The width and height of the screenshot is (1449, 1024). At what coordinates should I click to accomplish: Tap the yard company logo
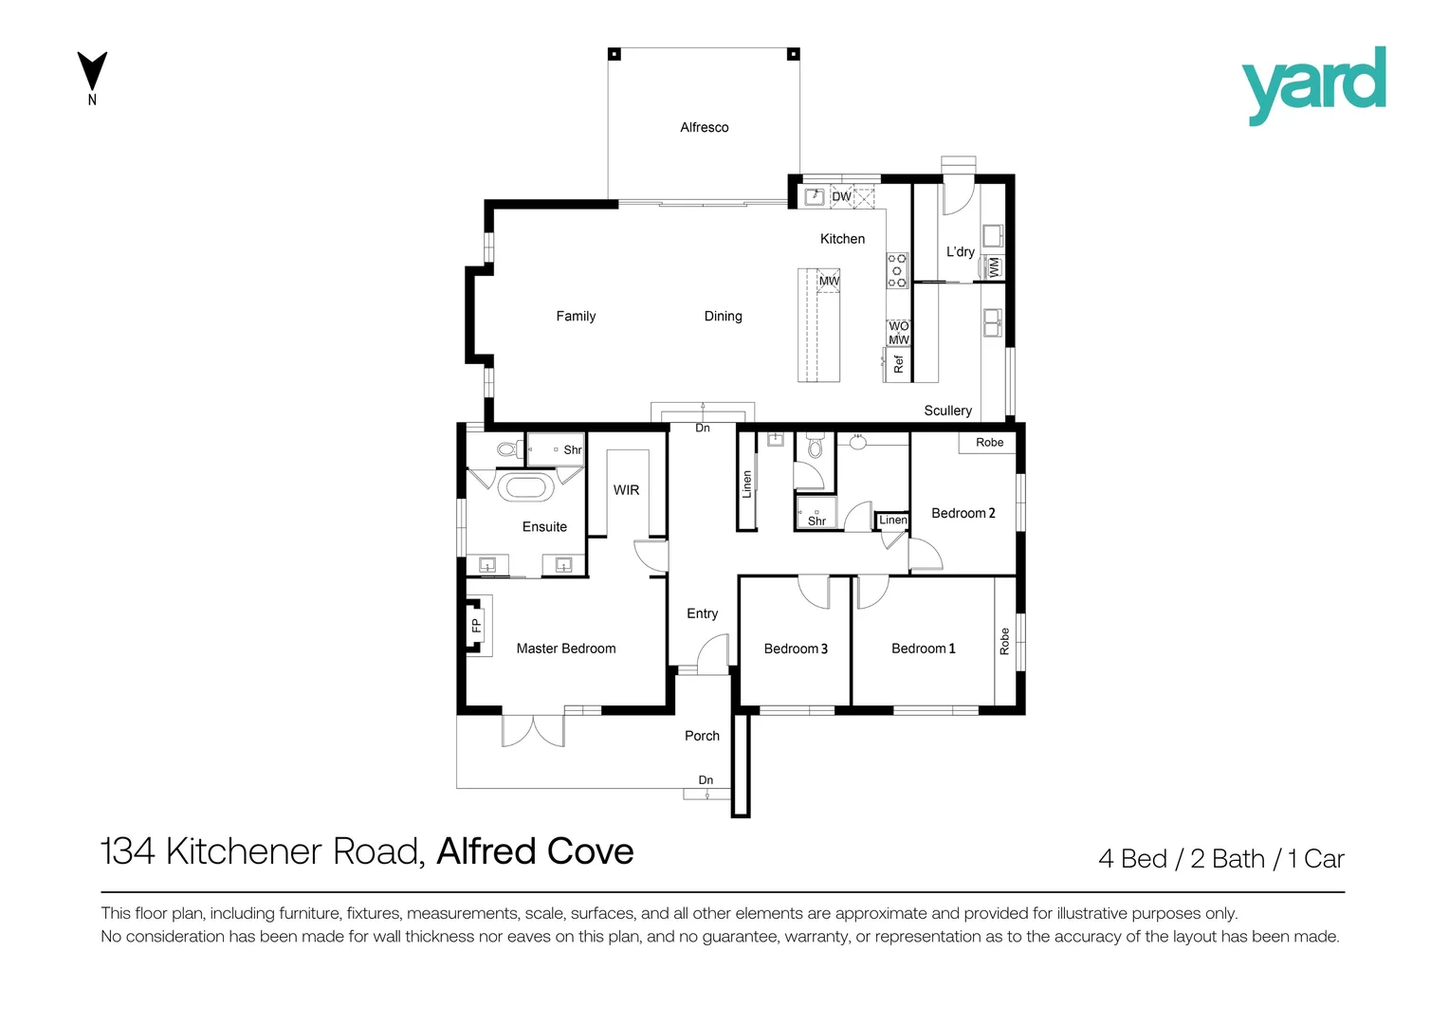1313,85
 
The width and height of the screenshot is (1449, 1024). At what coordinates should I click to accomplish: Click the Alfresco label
704,127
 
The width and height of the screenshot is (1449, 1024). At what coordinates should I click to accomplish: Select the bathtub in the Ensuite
526,487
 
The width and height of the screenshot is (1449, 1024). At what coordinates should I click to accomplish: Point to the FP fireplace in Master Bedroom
475,626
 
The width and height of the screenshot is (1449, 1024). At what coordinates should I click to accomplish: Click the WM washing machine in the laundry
994,267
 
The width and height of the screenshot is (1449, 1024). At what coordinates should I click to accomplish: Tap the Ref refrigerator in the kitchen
897,364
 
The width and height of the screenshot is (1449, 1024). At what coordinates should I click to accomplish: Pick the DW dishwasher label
841,196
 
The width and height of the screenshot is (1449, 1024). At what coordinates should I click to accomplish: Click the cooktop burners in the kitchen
897,269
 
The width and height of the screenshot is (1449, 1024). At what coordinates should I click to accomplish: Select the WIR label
626,490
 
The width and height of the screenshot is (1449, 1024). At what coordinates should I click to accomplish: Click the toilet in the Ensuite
510,448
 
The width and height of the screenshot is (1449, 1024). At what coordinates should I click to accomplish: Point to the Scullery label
947,411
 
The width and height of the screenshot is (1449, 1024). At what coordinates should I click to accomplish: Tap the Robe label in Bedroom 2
989,443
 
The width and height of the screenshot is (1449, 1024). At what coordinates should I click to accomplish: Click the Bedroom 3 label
795,649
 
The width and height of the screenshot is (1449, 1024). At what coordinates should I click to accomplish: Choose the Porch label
702,736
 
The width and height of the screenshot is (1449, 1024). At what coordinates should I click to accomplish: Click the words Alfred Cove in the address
535,851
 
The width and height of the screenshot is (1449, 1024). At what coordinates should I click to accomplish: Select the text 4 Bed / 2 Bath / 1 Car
1221,859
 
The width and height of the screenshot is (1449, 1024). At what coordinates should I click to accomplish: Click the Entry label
702,613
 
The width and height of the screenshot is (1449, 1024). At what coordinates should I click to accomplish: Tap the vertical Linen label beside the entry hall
746,484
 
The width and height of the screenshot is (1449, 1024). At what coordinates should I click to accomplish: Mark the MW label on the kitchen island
829,281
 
